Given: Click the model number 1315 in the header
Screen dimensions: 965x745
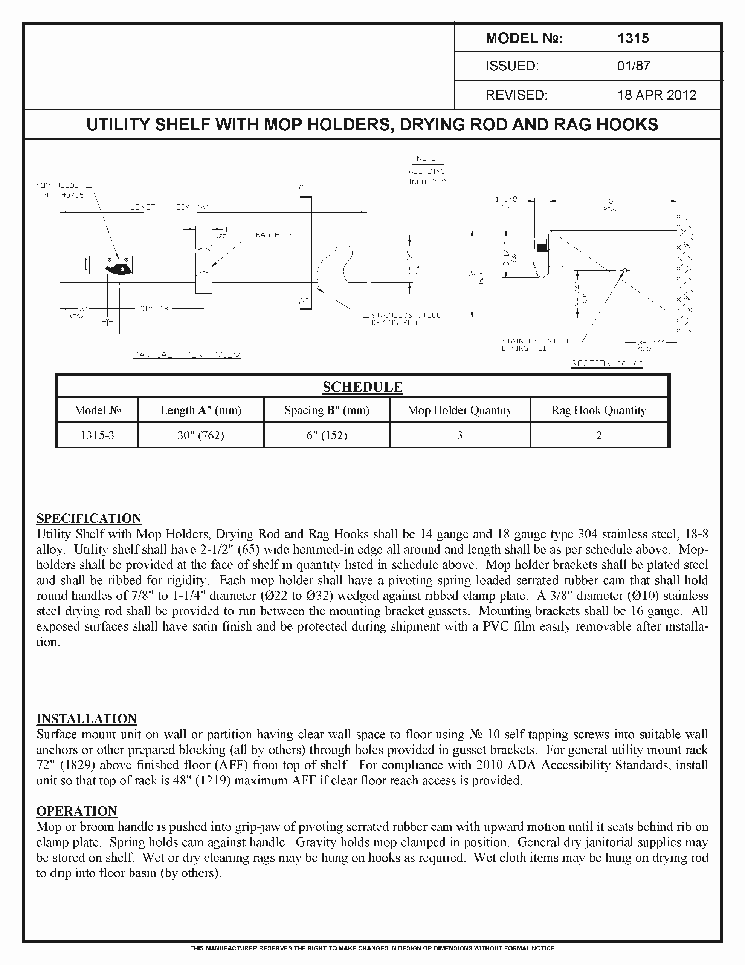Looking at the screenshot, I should pyautogui.click(x=633, y=38).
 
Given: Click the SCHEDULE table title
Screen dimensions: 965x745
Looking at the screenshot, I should pyautogui.click(x=362, y=387).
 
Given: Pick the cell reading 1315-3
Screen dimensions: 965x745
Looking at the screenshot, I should pyautogui.click(x=97, y=435).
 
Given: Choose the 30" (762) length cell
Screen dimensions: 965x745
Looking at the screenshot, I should pyautogui.click(x=200, y=435).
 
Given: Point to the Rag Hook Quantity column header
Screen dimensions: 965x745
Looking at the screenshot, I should pyautogui.click(x=598, y=411).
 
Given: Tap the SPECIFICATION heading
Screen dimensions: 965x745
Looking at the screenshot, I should pyautogui.click(x=89, y=518).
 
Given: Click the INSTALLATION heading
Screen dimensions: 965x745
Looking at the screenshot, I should pyautogui.click(x=87, y=719).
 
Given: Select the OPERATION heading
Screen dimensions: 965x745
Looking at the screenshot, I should pyautogui.click(x=76, y=811).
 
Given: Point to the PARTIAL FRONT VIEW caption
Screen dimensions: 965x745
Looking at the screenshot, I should pyautogui.click(x=187, y=355).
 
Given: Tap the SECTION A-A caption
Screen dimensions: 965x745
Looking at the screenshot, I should pyautogui.click(x=607, y=364).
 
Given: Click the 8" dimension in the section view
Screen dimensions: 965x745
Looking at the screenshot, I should pyautogui.click(x=611, y=201).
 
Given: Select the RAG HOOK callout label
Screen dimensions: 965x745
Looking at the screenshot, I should pyautogui.click(x=274, y=235).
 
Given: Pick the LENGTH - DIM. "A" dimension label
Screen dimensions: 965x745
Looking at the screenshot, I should pyautogui.click(x=169, y=207).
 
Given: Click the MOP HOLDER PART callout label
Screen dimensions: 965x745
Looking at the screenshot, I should pyautogui.click(x=61, y=190).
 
